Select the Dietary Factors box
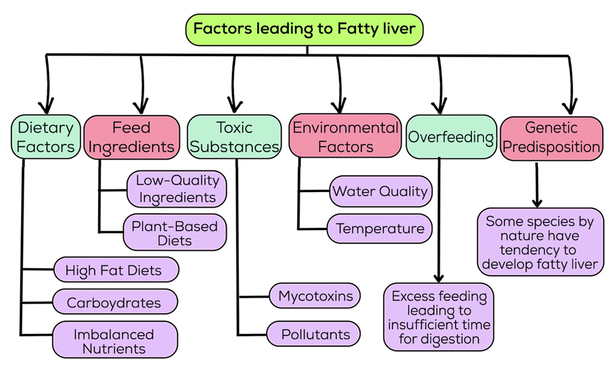tap(45, 137)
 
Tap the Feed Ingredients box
tap(131, 137)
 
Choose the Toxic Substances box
tap(234, 137)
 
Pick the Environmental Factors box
tap(345, 137)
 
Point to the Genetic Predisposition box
tap(551, 137)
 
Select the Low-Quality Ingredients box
tap(177, 189)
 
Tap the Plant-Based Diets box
tap(175, 232)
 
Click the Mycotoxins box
tap(315, 296)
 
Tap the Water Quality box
tap(380, 191)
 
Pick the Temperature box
tap(380, 229)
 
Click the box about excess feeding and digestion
tap(438, 317)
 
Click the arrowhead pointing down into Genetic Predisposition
tap(572, 106)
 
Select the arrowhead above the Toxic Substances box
tap(235, 106)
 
